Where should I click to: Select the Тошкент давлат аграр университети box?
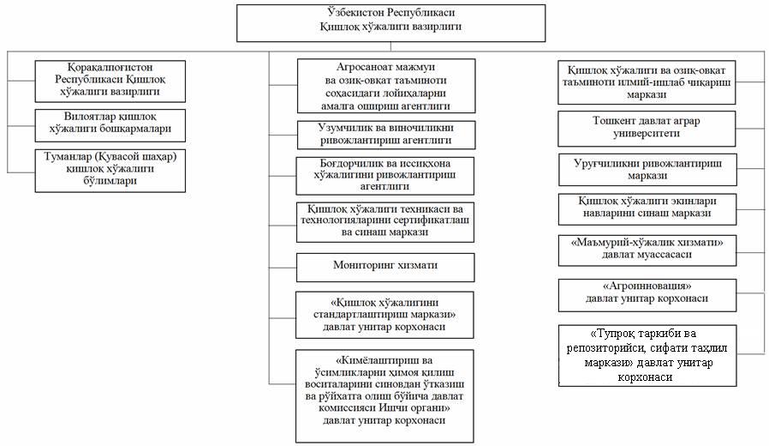647,127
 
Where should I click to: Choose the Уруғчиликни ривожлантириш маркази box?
647,169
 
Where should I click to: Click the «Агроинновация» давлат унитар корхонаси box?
647,293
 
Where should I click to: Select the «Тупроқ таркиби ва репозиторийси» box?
647,355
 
